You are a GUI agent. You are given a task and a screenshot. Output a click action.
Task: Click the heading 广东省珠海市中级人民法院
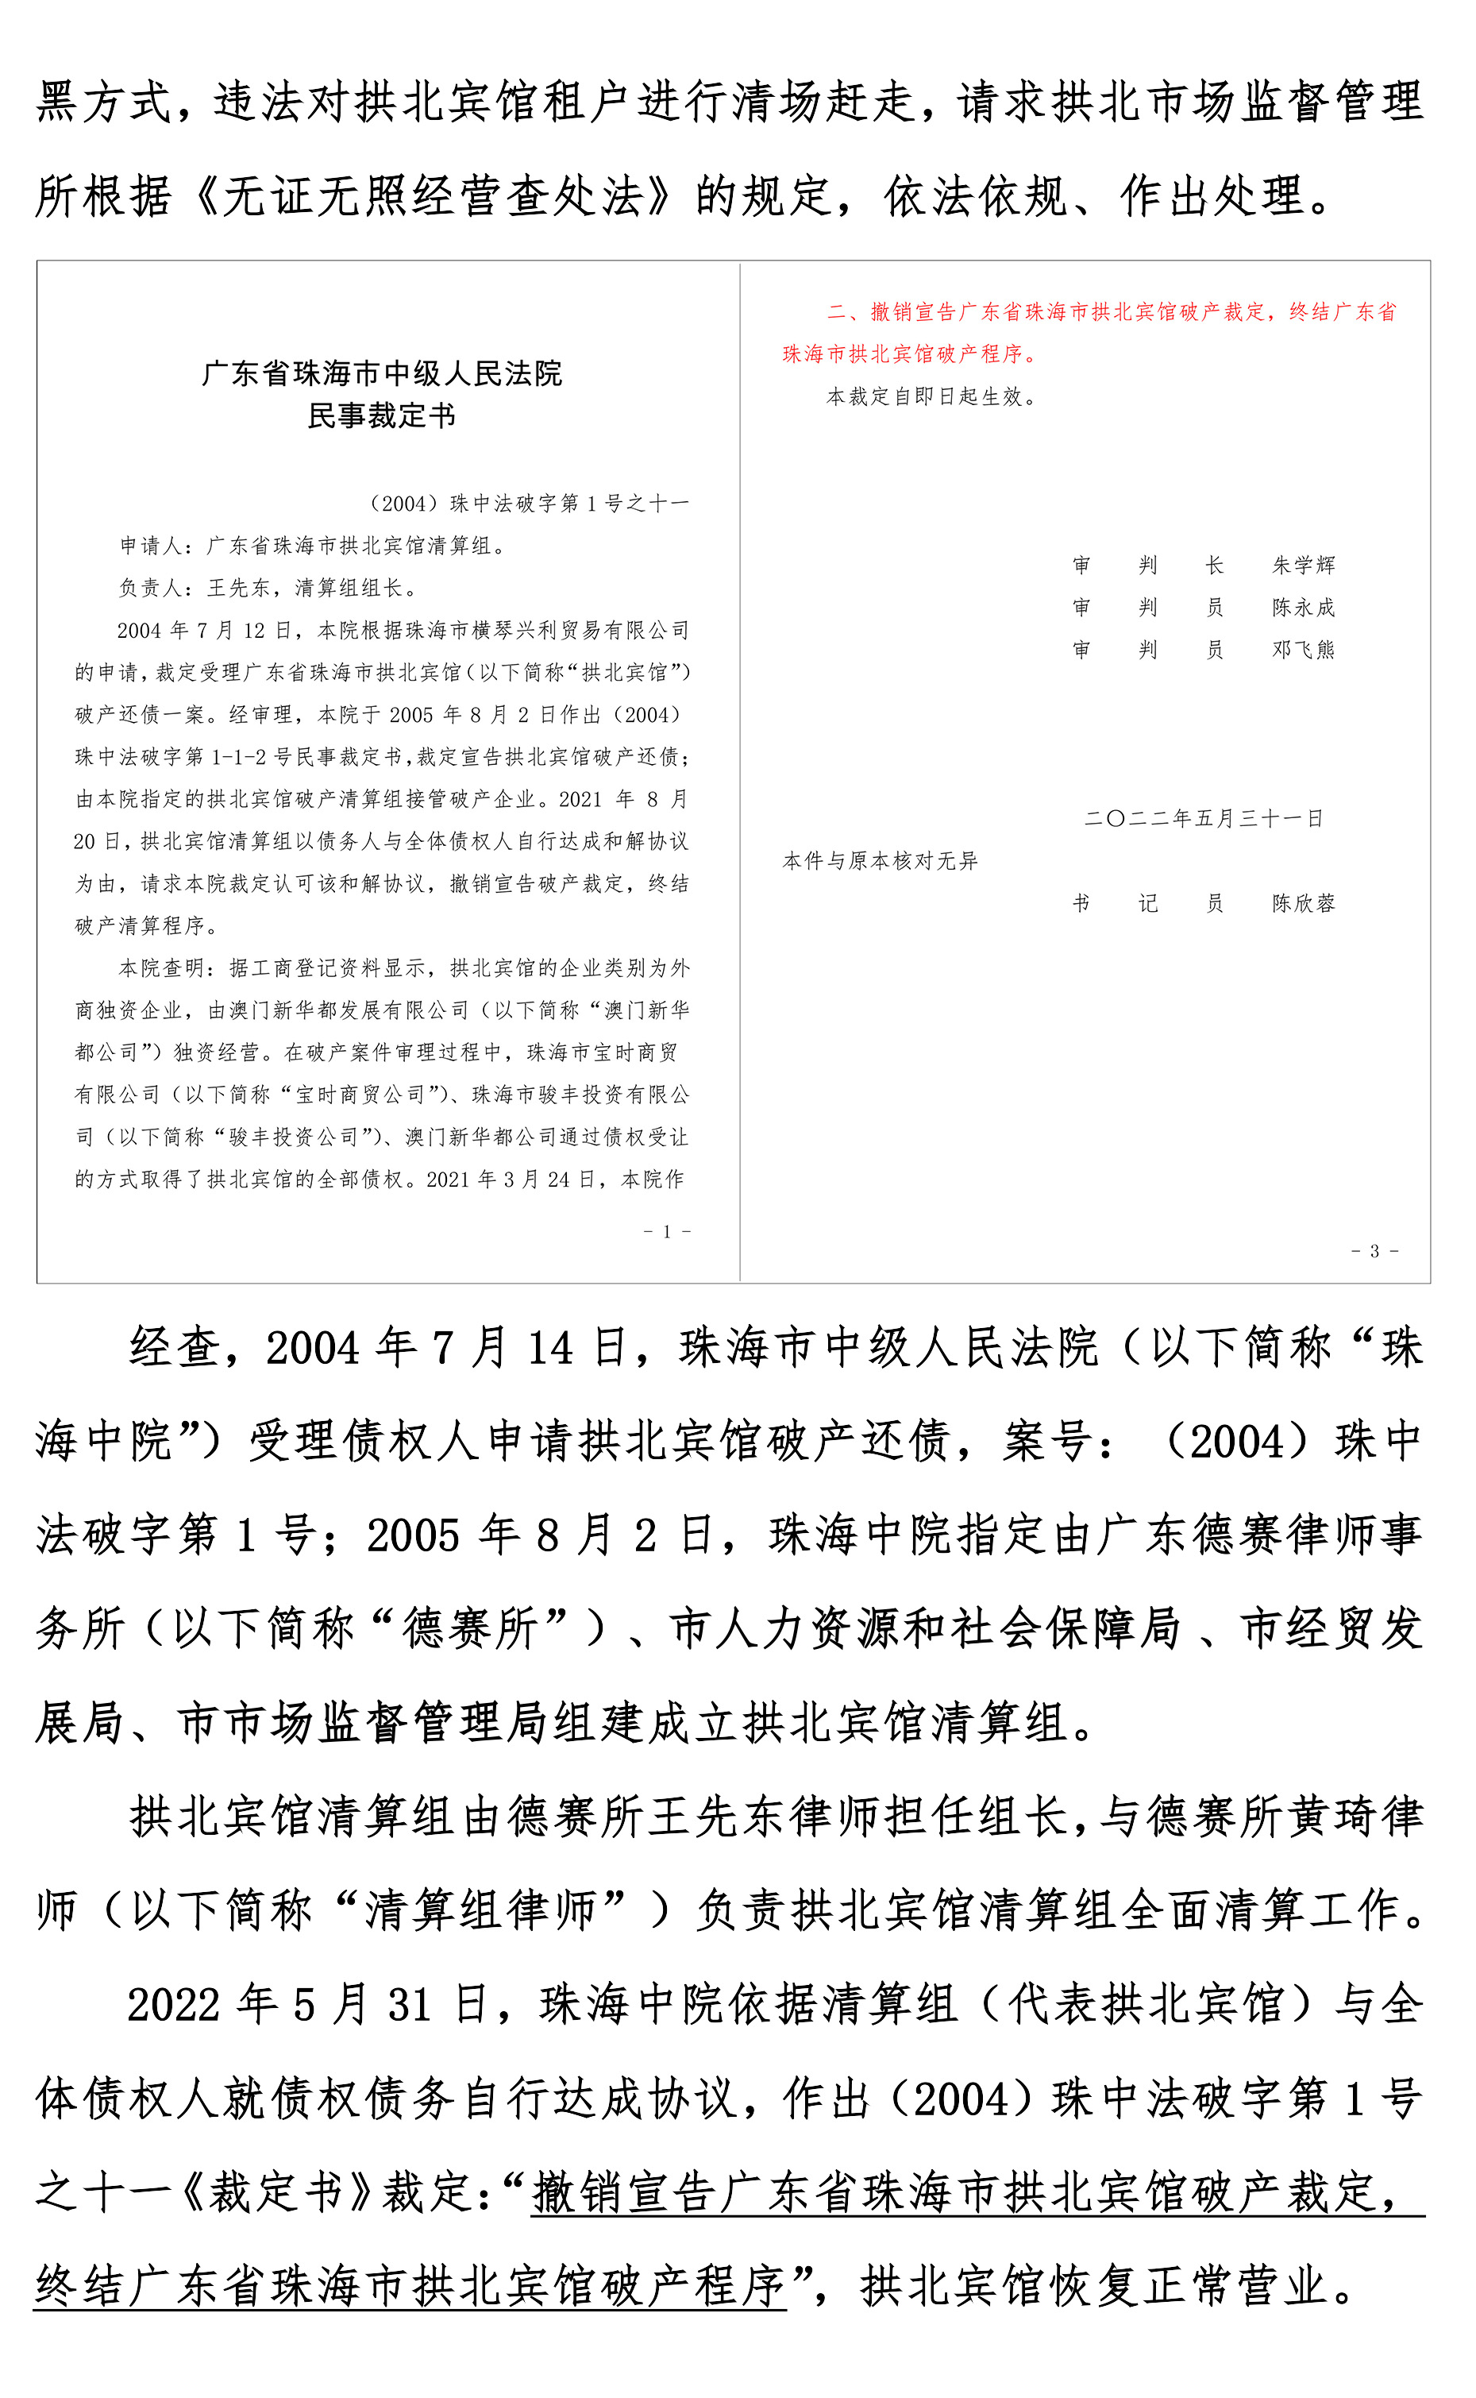(x=382, y=374)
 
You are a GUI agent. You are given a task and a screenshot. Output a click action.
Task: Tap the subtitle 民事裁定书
(x=382, y=417)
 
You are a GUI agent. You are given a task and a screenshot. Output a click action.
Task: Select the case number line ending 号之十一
(x=528, y=504)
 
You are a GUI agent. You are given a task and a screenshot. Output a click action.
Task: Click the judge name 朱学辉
(x=1303, y=566)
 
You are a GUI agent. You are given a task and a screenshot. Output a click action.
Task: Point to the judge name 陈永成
(x=1303, y=608)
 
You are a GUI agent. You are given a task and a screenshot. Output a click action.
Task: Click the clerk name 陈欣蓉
(x=1303, y=904)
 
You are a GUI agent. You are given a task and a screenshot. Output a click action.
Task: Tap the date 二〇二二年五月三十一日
(x=1204, y=819)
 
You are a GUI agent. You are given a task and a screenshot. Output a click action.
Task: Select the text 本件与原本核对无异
(x=880, y=861)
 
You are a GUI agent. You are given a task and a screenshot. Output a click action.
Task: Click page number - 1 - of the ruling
(x=668, y=1232)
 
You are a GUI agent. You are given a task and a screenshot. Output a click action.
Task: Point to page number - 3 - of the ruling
(x=1374, y=1252)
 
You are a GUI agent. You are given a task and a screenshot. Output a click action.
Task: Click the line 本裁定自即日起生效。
(x=932, y=397)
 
